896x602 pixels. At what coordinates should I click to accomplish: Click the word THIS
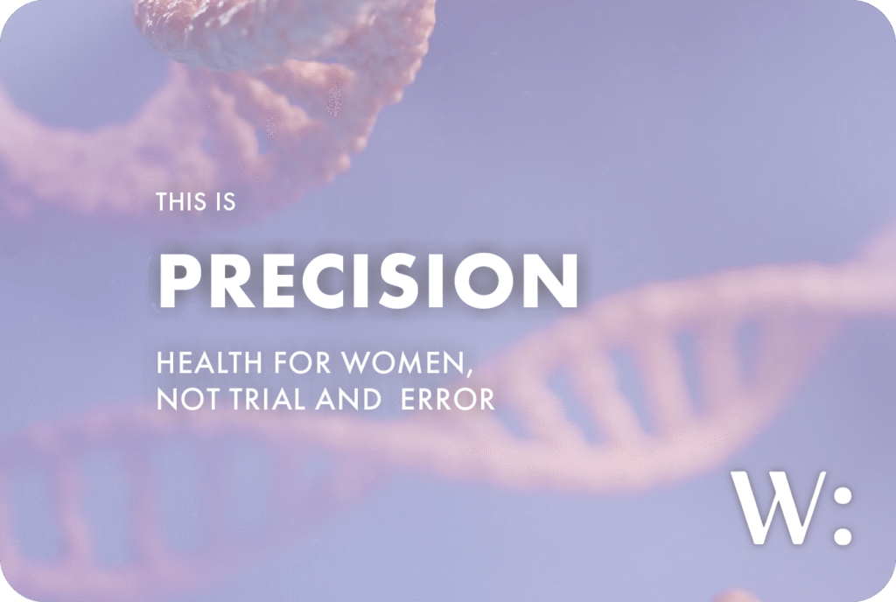(180, 202)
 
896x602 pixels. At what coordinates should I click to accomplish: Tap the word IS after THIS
(225, 202)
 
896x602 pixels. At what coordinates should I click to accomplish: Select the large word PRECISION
(368, 281)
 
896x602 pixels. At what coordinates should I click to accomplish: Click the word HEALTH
(209, 362)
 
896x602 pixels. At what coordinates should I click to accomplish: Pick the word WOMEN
(402, 362)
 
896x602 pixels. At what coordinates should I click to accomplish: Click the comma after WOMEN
(469, 373)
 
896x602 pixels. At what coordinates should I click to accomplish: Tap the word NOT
(188, 399)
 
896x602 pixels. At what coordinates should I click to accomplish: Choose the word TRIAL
(268, 399)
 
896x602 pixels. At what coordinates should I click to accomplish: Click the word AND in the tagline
(348, 399)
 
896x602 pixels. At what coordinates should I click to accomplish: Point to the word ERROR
(447, 399)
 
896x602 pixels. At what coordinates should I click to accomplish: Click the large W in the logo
(779, 507)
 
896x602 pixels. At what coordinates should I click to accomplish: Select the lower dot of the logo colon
(843, 535)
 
